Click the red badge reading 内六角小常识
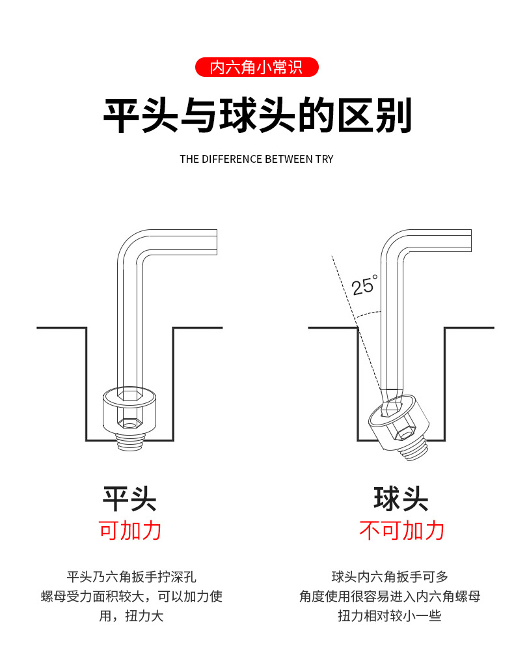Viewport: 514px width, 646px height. pyautogui.click(x=256, y=67)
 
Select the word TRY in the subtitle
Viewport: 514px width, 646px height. pyautogui.click(x=324, y=159)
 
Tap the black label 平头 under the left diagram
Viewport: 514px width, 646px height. pyautogui.click(x=129, y=499)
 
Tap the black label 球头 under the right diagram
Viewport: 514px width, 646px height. pyautogui.click(x=401, y=499)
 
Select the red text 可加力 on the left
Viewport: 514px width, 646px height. pyautogui.click(x=129, y=530)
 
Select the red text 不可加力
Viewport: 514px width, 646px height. pyautogui.click(x=401, y=530)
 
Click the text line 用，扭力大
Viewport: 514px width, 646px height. pyautogui.click(x=131, y=615)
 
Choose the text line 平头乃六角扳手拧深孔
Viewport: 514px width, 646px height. pyautogui.click(x=131, y=576)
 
